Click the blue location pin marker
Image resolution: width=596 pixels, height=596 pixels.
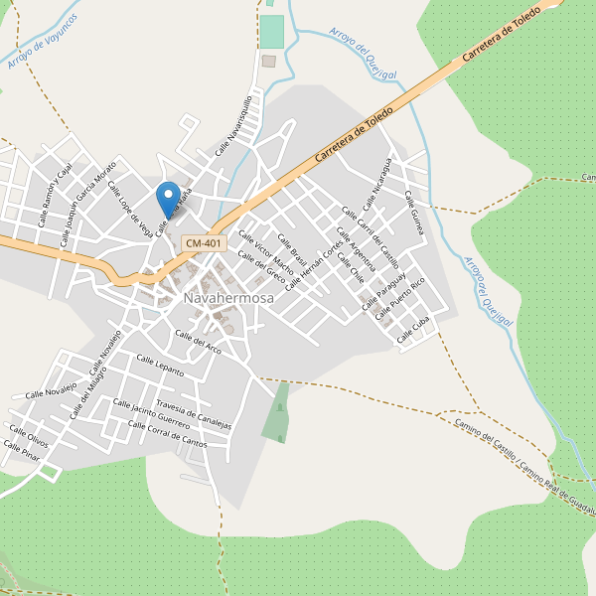click(x=169, y=196)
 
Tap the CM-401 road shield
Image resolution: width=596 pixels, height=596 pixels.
click(x=204, y=243)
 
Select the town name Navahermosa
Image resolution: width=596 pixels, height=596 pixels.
click(x=221, y=298)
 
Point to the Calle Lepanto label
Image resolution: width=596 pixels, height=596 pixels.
click(x=160, y=366)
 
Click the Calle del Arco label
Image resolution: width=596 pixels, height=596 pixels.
click(x=199, y=341)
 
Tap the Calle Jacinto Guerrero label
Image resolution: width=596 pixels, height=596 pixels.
click(x=151, y=414)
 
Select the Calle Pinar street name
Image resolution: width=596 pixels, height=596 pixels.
click(x=21, y=452)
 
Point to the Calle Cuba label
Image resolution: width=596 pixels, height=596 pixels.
click(x=413, y=332)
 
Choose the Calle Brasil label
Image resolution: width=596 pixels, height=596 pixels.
click(x=288, y=246)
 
